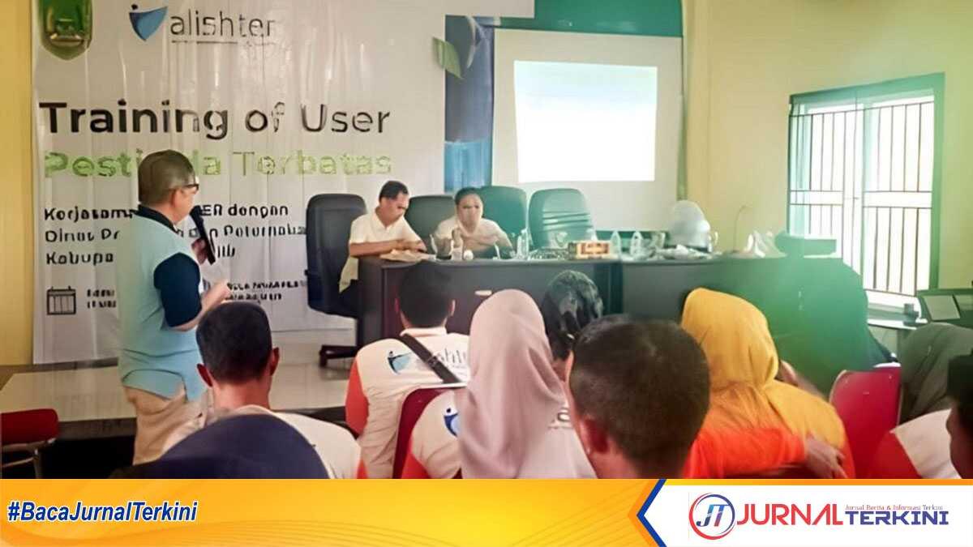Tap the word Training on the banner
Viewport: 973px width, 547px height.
(134, 119)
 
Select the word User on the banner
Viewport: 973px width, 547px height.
(345, 119)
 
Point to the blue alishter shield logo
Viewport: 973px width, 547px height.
(147, 21)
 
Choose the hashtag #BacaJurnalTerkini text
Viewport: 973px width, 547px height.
(102, 512)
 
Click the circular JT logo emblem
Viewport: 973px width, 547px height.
(711, 516)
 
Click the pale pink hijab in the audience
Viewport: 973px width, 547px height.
(507, 365)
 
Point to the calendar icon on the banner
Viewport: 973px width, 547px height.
(61, 300)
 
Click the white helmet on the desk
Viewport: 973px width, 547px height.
(687, 223)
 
